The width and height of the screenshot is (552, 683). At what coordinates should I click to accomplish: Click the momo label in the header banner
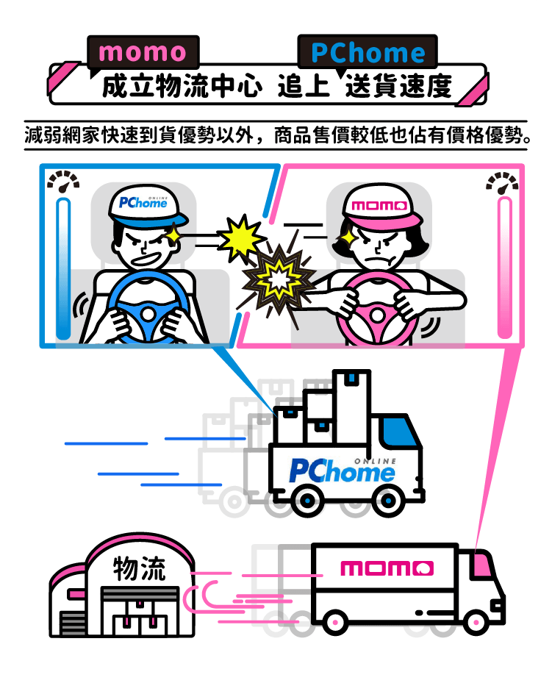(x=143, y=52)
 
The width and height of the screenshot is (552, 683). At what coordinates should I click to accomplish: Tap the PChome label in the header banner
(x=368, y=53)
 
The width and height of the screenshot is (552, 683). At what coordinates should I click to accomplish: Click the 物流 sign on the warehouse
(x=139, y=568)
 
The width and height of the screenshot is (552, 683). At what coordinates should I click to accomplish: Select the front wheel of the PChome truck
(x=387, y=500)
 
